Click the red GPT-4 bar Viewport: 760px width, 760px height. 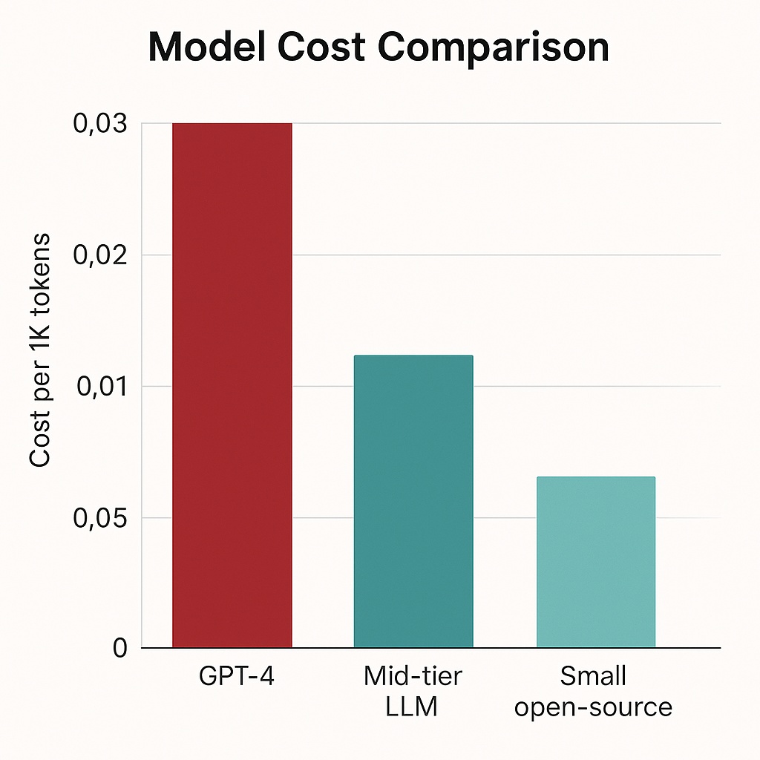[x=232, y=386]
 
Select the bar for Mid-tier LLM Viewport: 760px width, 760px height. [x=413, y=502]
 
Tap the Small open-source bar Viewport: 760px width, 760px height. [x=596, y=562]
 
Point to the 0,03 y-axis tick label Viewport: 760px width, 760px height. [x=100, y=124]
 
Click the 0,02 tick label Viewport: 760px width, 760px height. [x=100, y=255]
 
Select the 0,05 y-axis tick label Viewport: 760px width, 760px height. [x=100, y=518]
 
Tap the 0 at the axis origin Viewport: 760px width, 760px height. [x=121, y=649]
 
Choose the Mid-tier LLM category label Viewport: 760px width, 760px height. [x=413, y=691]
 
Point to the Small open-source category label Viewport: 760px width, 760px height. [x=594, y=691]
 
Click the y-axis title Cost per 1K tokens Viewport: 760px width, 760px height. [x=40, y=350]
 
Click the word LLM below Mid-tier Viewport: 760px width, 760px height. [x=413, y=707]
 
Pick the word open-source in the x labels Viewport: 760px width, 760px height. [x=594, y=707]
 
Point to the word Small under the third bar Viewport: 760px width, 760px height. [x=594, y=676]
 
